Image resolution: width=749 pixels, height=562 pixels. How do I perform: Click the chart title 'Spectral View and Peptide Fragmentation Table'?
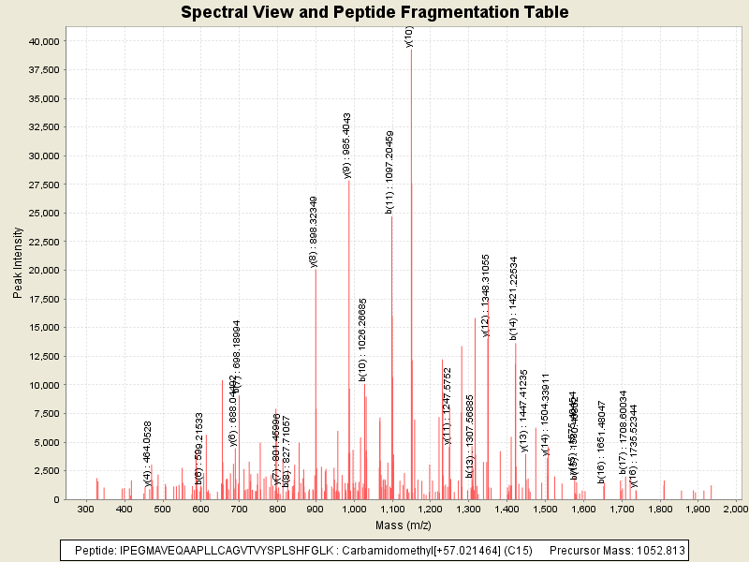coord(374,12)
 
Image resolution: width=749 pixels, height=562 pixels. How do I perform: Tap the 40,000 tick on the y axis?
coord(41,41)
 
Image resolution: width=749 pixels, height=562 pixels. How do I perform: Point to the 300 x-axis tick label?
coord(86,509)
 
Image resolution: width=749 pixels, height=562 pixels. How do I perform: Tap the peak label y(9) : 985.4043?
coord(347,145)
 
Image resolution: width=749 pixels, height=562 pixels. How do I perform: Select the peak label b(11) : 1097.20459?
coord(389,172)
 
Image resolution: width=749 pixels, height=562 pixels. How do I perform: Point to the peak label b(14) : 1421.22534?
coord(513,298)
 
